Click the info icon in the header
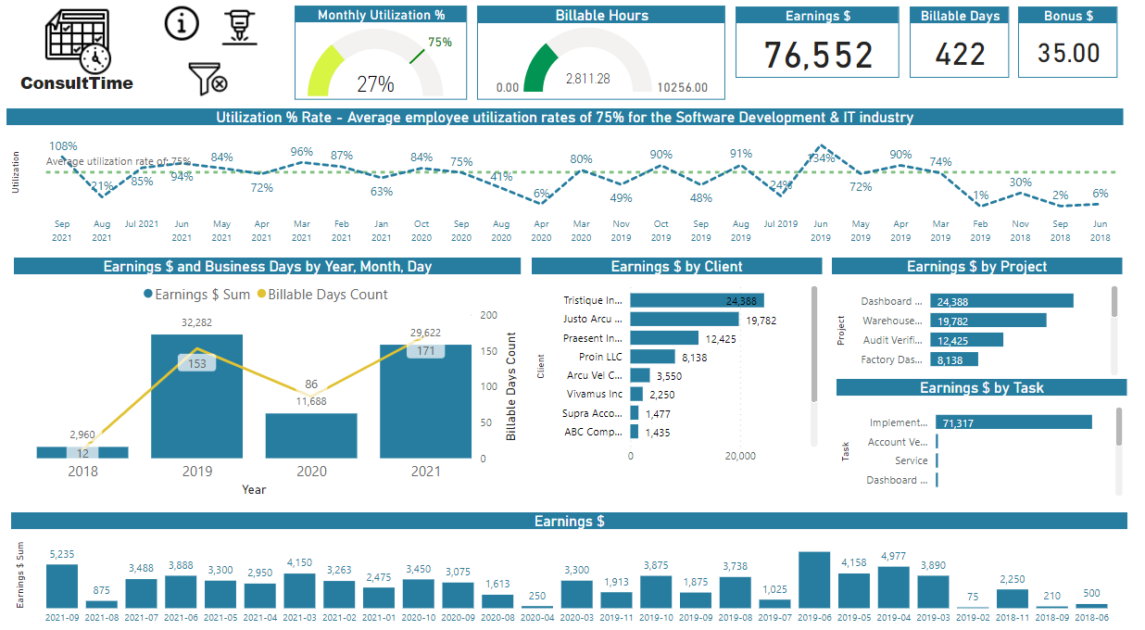tap(182, 24)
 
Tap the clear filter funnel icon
tap(208, 79)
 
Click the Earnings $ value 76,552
tap(818, 56)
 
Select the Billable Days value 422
tap(960, 55)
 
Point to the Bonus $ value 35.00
tap(1068, 54)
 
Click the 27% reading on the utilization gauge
tap(375, 84)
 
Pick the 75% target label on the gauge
tap(440, 42)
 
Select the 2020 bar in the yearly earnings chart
tap(311, 435)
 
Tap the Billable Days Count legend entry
tap(321, 295)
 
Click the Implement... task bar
tap(1013, 422)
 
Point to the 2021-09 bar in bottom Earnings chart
tap(62, 586)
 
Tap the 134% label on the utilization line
tap(821, 157)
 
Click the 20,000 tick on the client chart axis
tap(740, 456)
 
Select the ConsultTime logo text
tap(77, 83)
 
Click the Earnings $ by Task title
tap(981, 388)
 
